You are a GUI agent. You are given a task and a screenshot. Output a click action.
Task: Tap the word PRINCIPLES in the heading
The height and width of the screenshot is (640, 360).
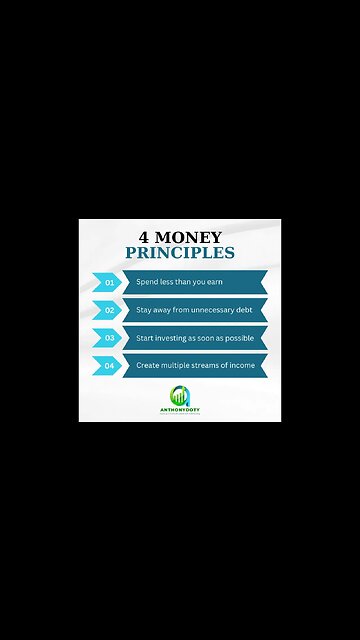click(x=180, y=253)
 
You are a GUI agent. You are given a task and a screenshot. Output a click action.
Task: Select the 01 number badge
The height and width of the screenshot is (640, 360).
click(x=109, y=283)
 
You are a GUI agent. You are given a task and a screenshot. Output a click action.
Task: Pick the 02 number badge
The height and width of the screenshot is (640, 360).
click(x=109, y=310)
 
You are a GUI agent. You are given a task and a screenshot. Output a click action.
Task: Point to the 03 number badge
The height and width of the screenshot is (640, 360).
click(x=109, y=338)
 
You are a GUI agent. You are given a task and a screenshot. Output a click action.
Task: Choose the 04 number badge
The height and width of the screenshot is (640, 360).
click(x=109, y=366)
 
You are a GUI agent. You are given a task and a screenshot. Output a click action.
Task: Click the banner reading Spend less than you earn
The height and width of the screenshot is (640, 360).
click(x=194, y=283)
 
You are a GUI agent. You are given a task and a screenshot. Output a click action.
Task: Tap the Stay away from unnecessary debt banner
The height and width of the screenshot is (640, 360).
click(x=194, y=310)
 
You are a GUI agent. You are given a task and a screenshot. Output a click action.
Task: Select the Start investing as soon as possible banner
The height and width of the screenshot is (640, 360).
click(x=194, y=338)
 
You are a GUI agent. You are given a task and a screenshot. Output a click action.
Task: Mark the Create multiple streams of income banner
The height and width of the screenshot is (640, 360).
click(x=194, y=366)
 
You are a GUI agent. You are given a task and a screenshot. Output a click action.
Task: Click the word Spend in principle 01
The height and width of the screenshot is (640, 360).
click(x=146, y=283)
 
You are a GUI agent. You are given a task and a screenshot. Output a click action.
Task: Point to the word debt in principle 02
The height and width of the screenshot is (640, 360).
click(x=244, y=310)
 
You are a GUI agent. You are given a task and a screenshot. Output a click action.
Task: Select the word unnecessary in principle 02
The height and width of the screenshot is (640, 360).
click(x=211, y=310)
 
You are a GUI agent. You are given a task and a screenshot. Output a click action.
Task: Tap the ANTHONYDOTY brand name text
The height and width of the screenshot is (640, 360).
click(x=180, y=408)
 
